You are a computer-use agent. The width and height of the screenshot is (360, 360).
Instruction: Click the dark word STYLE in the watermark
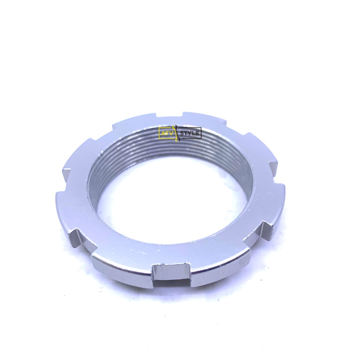pos(190,133)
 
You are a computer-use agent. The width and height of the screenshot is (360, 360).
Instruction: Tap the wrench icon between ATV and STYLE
pos(176,133)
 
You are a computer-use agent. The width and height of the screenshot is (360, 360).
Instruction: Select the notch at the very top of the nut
pos(168,114)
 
